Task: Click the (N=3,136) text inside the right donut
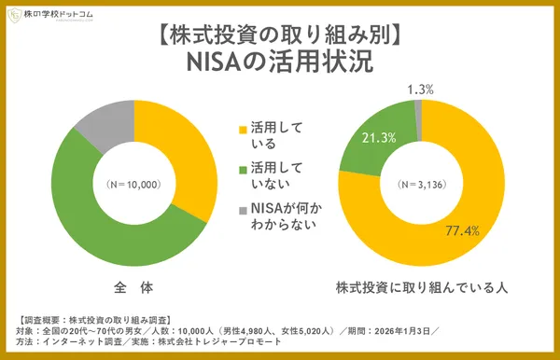point(421,184)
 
